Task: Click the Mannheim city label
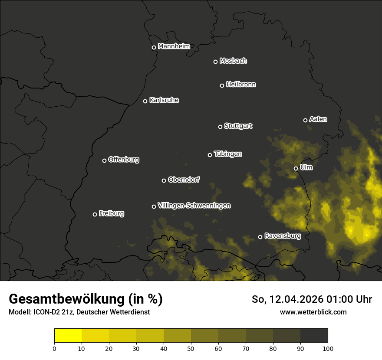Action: point(174,46)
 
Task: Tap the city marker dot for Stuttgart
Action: point(220,127)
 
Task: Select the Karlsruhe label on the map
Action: point(164,100)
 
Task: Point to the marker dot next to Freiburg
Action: point(95,214)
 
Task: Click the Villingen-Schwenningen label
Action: point(194,206)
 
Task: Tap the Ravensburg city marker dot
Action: point(260,237)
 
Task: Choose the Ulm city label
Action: point(306,167)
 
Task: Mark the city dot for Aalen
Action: point(305,120)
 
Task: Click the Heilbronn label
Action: point(241,85)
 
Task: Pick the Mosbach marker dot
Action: point(215,62)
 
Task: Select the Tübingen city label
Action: point(228,154)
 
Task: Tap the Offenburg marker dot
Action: point(104,160)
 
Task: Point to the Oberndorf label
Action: point(184,180)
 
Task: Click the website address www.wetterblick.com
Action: point(313,312)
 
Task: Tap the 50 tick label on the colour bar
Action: point(191,348)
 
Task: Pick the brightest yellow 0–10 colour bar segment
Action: point(68,336)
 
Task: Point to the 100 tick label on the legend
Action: point(328,348)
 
